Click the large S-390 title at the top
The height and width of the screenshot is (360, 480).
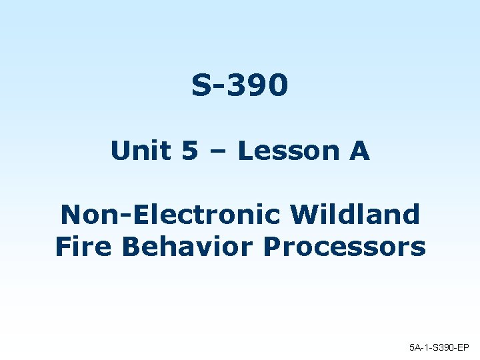click(240, 85)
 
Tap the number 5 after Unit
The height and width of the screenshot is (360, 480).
click(189, 151)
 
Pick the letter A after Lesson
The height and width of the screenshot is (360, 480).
click(359, 151)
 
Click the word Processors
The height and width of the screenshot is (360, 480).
click(344, 247)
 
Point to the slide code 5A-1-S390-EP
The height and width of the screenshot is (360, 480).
click(439, 347)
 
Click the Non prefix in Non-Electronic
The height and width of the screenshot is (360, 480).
click(84, 215)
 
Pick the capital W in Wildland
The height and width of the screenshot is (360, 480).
click(306, 215)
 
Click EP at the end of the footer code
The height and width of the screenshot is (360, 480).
click(463, 347)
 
